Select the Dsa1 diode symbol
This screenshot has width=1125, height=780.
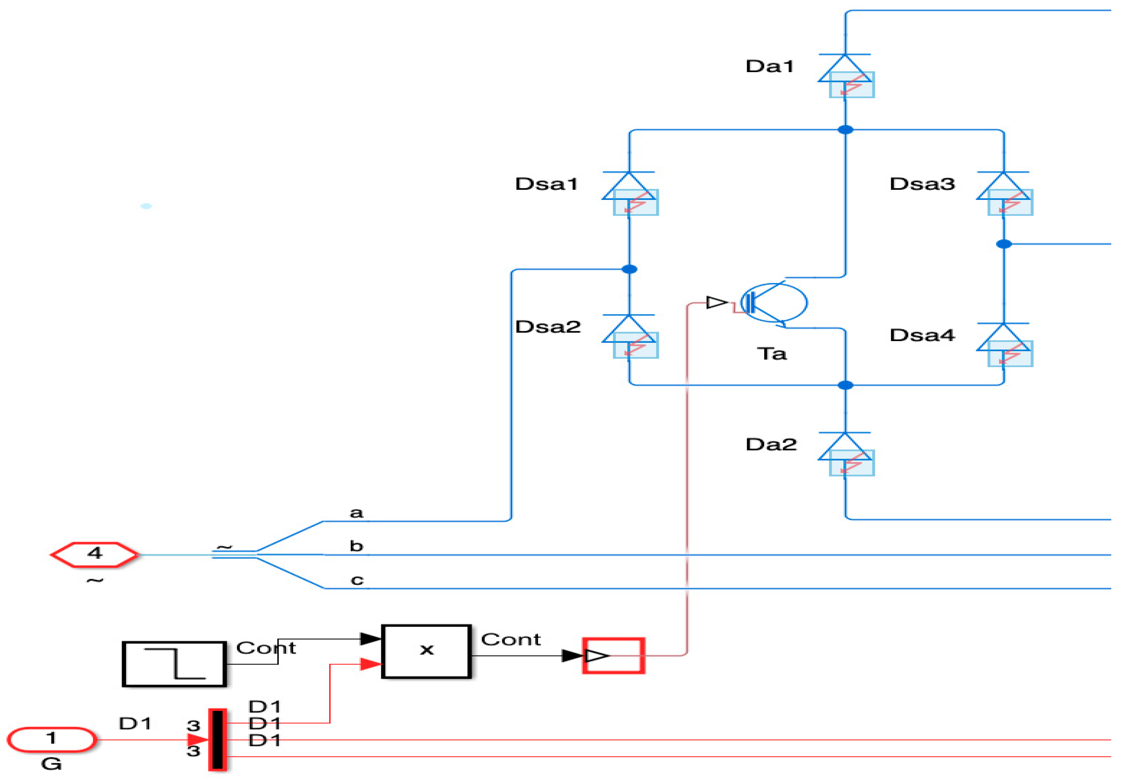(x=630, y=193)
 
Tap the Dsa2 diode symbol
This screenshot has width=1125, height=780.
(x=630, y=336)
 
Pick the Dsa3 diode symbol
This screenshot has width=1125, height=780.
(x=1004, y=193)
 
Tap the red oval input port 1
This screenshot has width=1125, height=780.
(x=51, y=739)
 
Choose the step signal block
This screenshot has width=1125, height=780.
(x=174, y=664)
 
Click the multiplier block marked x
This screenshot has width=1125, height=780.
(x=427, y=652)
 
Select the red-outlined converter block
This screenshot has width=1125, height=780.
(x=614, y=656)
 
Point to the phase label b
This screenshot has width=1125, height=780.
(x=356, y=546)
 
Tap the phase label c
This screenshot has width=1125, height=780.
(x=357, y=580)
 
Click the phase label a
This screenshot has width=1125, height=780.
(x=356, y=513)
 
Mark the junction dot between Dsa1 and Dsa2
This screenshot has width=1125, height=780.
(x=630, y=269)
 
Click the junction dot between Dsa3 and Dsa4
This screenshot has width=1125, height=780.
(x=1004, y=244)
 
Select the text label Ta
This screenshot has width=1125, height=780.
(x=772, y=353)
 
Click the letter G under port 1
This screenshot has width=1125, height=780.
(x=51, y=764)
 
